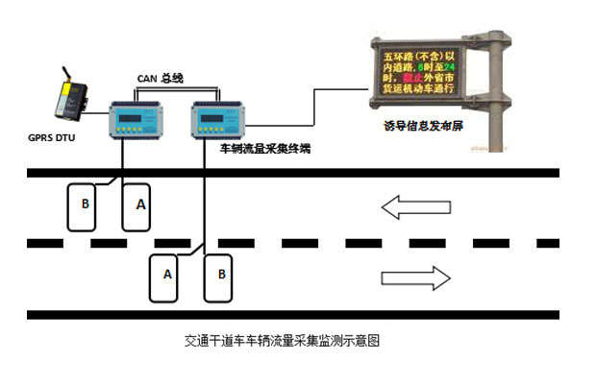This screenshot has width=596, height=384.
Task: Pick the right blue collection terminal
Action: pyautogui.click(x=218, y=121)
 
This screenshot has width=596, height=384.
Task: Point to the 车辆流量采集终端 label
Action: pyautogui.click(x=264, y=149)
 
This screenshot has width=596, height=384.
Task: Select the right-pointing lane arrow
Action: pyautogui.click(x=415, y=277)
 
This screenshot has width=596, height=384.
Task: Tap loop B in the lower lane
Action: pyautogui.click(x=222, y=276)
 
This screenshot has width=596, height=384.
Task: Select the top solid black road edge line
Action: pyautogui.click(x=288, y=173)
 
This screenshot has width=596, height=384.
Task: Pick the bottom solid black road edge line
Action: pyautogui.click(x=288, y=314)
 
